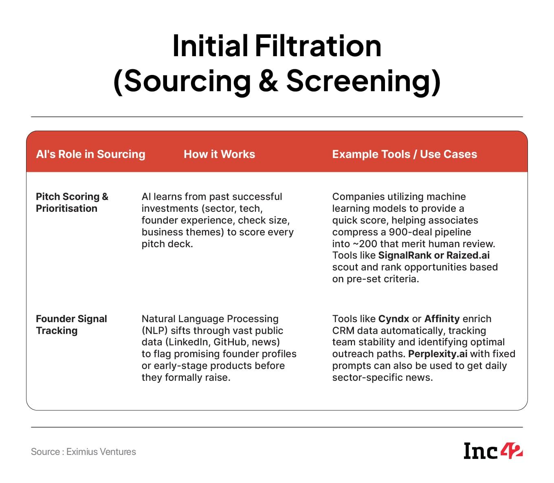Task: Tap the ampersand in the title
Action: click(x=268, y=80)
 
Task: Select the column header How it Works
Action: click(x=219, y=154)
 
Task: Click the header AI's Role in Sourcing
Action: click(x=91, y=154)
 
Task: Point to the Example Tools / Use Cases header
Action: click(x=405, y=154)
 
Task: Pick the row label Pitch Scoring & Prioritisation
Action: click(x=72, y=202)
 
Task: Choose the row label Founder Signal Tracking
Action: click(x=71, y=325)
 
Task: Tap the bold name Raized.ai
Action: click(x=468, y=255)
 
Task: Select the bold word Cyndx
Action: click(x=394, y=319)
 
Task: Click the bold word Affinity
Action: click(x=442, y=319)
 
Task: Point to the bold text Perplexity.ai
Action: click(x=438, y=354)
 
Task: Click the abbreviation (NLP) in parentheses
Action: click(x=154, y=331)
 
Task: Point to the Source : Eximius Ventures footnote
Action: click(x=84, y=452)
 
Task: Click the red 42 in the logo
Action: click(x=512, y=450)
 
